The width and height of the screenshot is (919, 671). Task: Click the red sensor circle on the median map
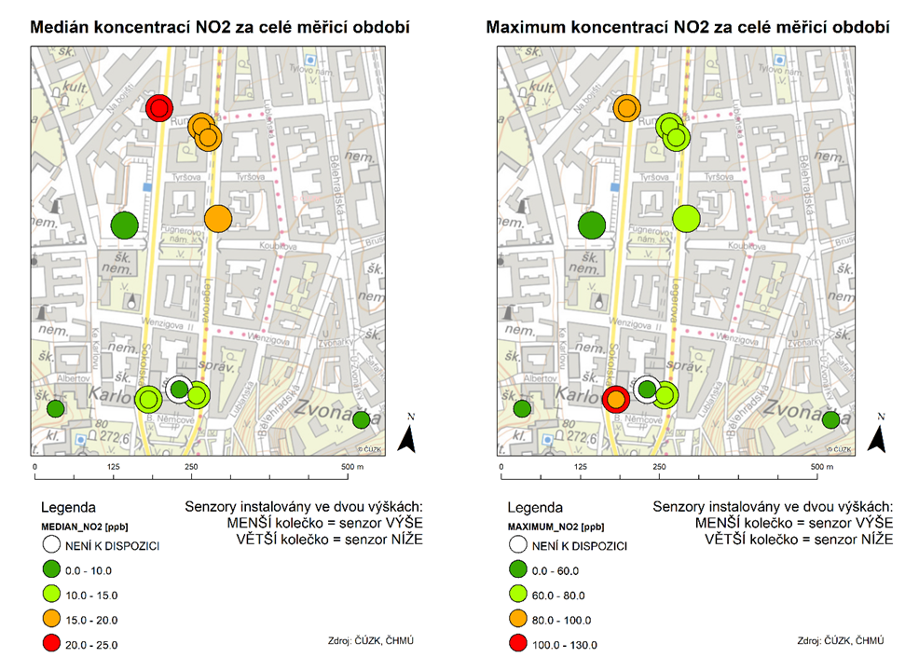point(159,108)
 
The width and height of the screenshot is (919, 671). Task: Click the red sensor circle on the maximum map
point(615,400)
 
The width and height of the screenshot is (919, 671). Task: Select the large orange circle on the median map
point(217,218)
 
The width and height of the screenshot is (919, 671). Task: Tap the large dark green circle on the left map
point(124,225)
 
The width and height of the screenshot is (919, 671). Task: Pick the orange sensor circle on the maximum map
point(627,108)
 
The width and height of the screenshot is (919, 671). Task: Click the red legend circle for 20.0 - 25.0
point(55,644)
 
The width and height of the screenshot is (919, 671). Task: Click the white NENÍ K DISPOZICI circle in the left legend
point(55,546)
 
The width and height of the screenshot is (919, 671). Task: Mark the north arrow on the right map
point(875,434)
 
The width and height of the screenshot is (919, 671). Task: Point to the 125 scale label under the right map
point(582,466)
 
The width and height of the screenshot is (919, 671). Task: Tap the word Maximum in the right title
point(527,28)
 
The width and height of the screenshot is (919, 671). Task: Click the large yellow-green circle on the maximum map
point(686,218)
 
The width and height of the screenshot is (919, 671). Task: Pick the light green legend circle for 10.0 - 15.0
point(55,595)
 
